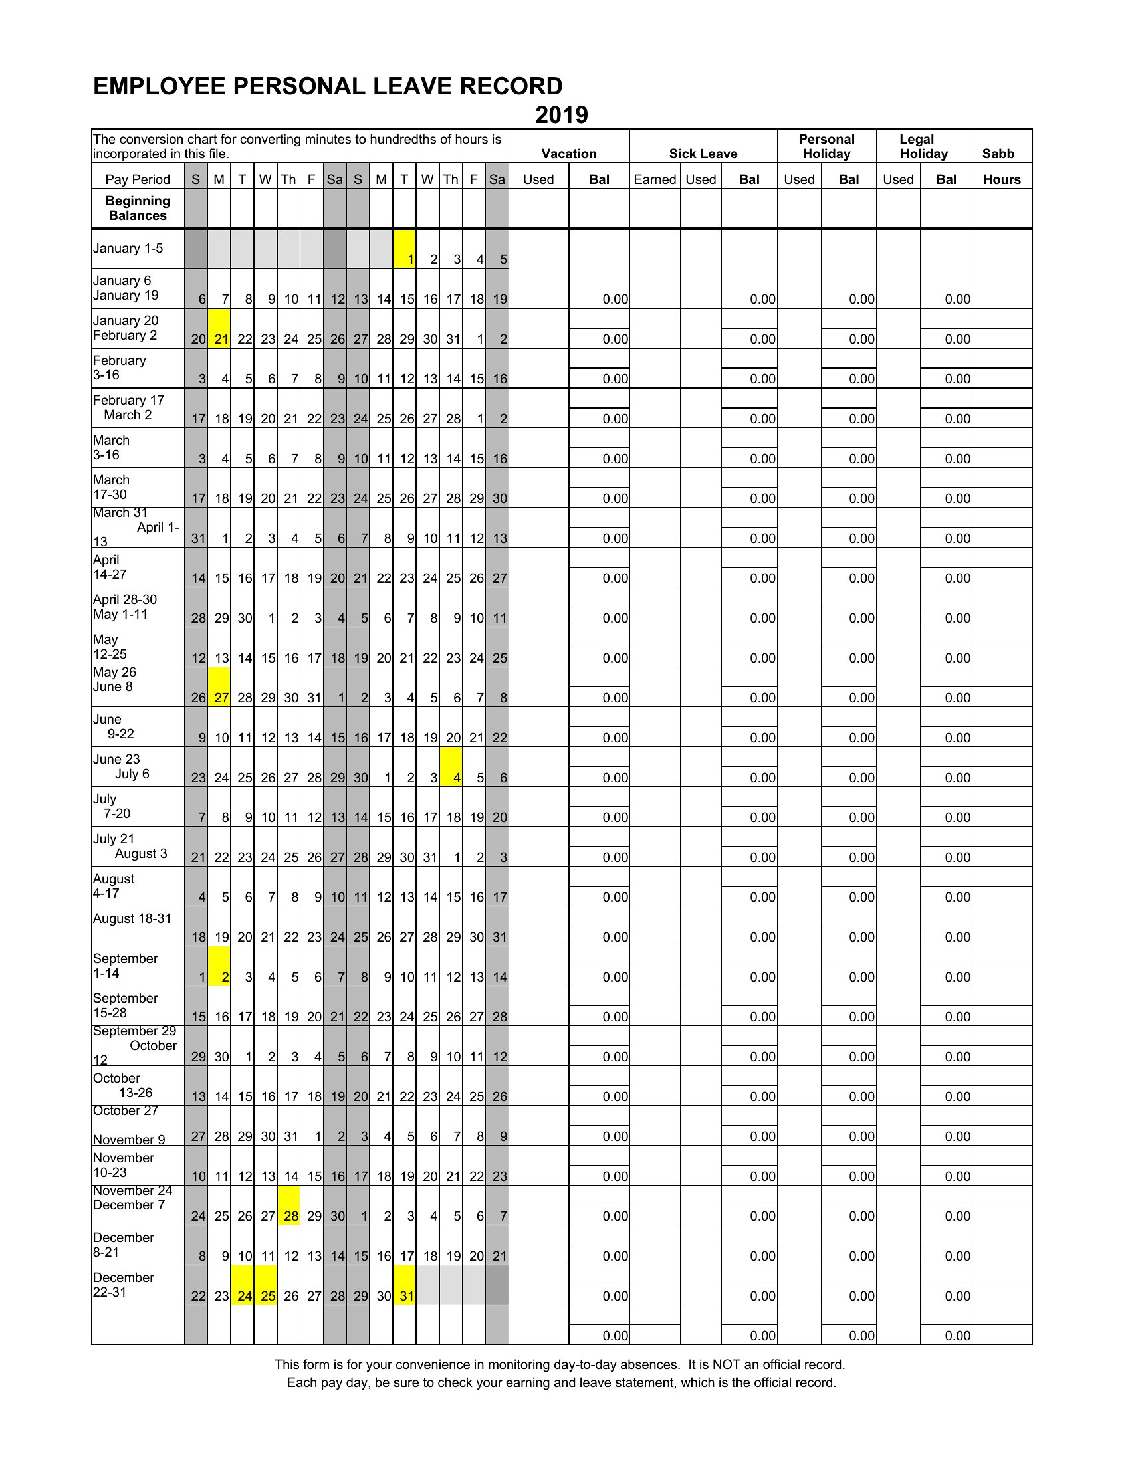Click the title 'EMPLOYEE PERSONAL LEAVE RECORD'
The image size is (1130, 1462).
tap(327, 86)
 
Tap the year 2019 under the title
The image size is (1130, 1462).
tap(561, 115)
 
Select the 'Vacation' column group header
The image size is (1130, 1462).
tap(568, 154)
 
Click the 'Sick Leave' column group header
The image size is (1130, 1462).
tap(703, 154)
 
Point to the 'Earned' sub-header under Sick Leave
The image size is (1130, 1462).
tap(655, 179)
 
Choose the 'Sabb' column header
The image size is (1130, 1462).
tap(998, 154)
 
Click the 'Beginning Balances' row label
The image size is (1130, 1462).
tap(137, 208)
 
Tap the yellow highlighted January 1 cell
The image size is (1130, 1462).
tap(404, 249)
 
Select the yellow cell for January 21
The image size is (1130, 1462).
tap(219, 328)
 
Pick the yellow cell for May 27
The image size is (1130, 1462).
tap(219, 687)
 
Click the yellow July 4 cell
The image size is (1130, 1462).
tap(451, 766)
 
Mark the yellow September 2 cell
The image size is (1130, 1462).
tap(219, 966)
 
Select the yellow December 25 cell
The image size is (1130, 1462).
tap(266, 1285)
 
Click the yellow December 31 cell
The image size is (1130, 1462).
tap(404, 1285)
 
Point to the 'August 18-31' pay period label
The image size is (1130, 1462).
tap(132, 918)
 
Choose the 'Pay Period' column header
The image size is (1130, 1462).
tap(137, 179)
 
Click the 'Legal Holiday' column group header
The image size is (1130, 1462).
tap(924, 146)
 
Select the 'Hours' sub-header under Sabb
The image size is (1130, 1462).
tap(1002, 179)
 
